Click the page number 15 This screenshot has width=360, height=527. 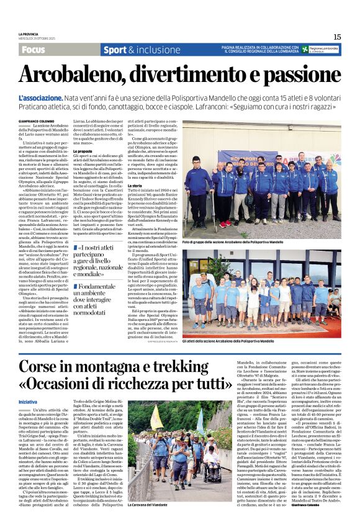click(336, 37)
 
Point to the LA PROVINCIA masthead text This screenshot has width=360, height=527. click(30, 34)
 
